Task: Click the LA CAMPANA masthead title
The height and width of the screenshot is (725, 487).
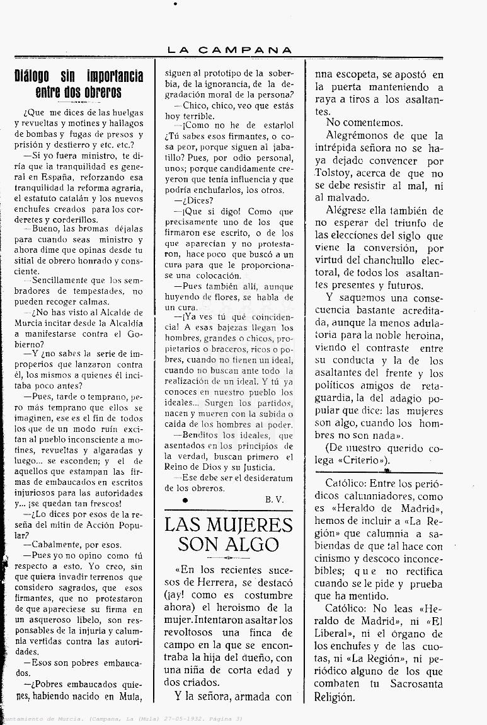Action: tap(230, 50)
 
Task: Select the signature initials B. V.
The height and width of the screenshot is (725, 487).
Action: tap(274, 499)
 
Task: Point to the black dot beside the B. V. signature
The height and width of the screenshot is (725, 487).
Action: tap(185, 499)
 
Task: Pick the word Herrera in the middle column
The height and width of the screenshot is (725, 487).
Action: tap(200, 582)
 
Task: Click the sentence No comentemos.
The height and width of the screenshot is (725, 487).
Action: tap(365, 123)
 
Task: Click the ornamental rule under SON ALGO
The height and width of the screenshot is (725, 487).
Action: tap(228, 558)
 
